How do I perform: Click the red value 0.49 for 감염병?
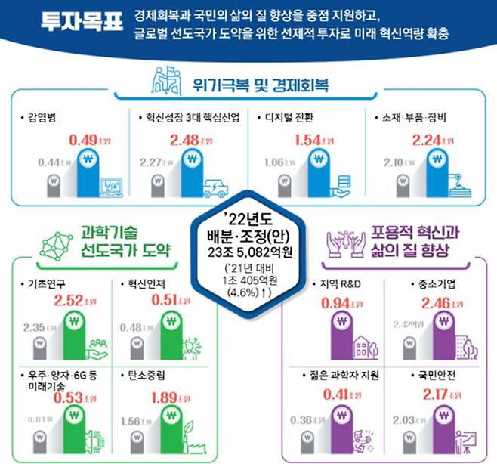coord(83,141)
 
